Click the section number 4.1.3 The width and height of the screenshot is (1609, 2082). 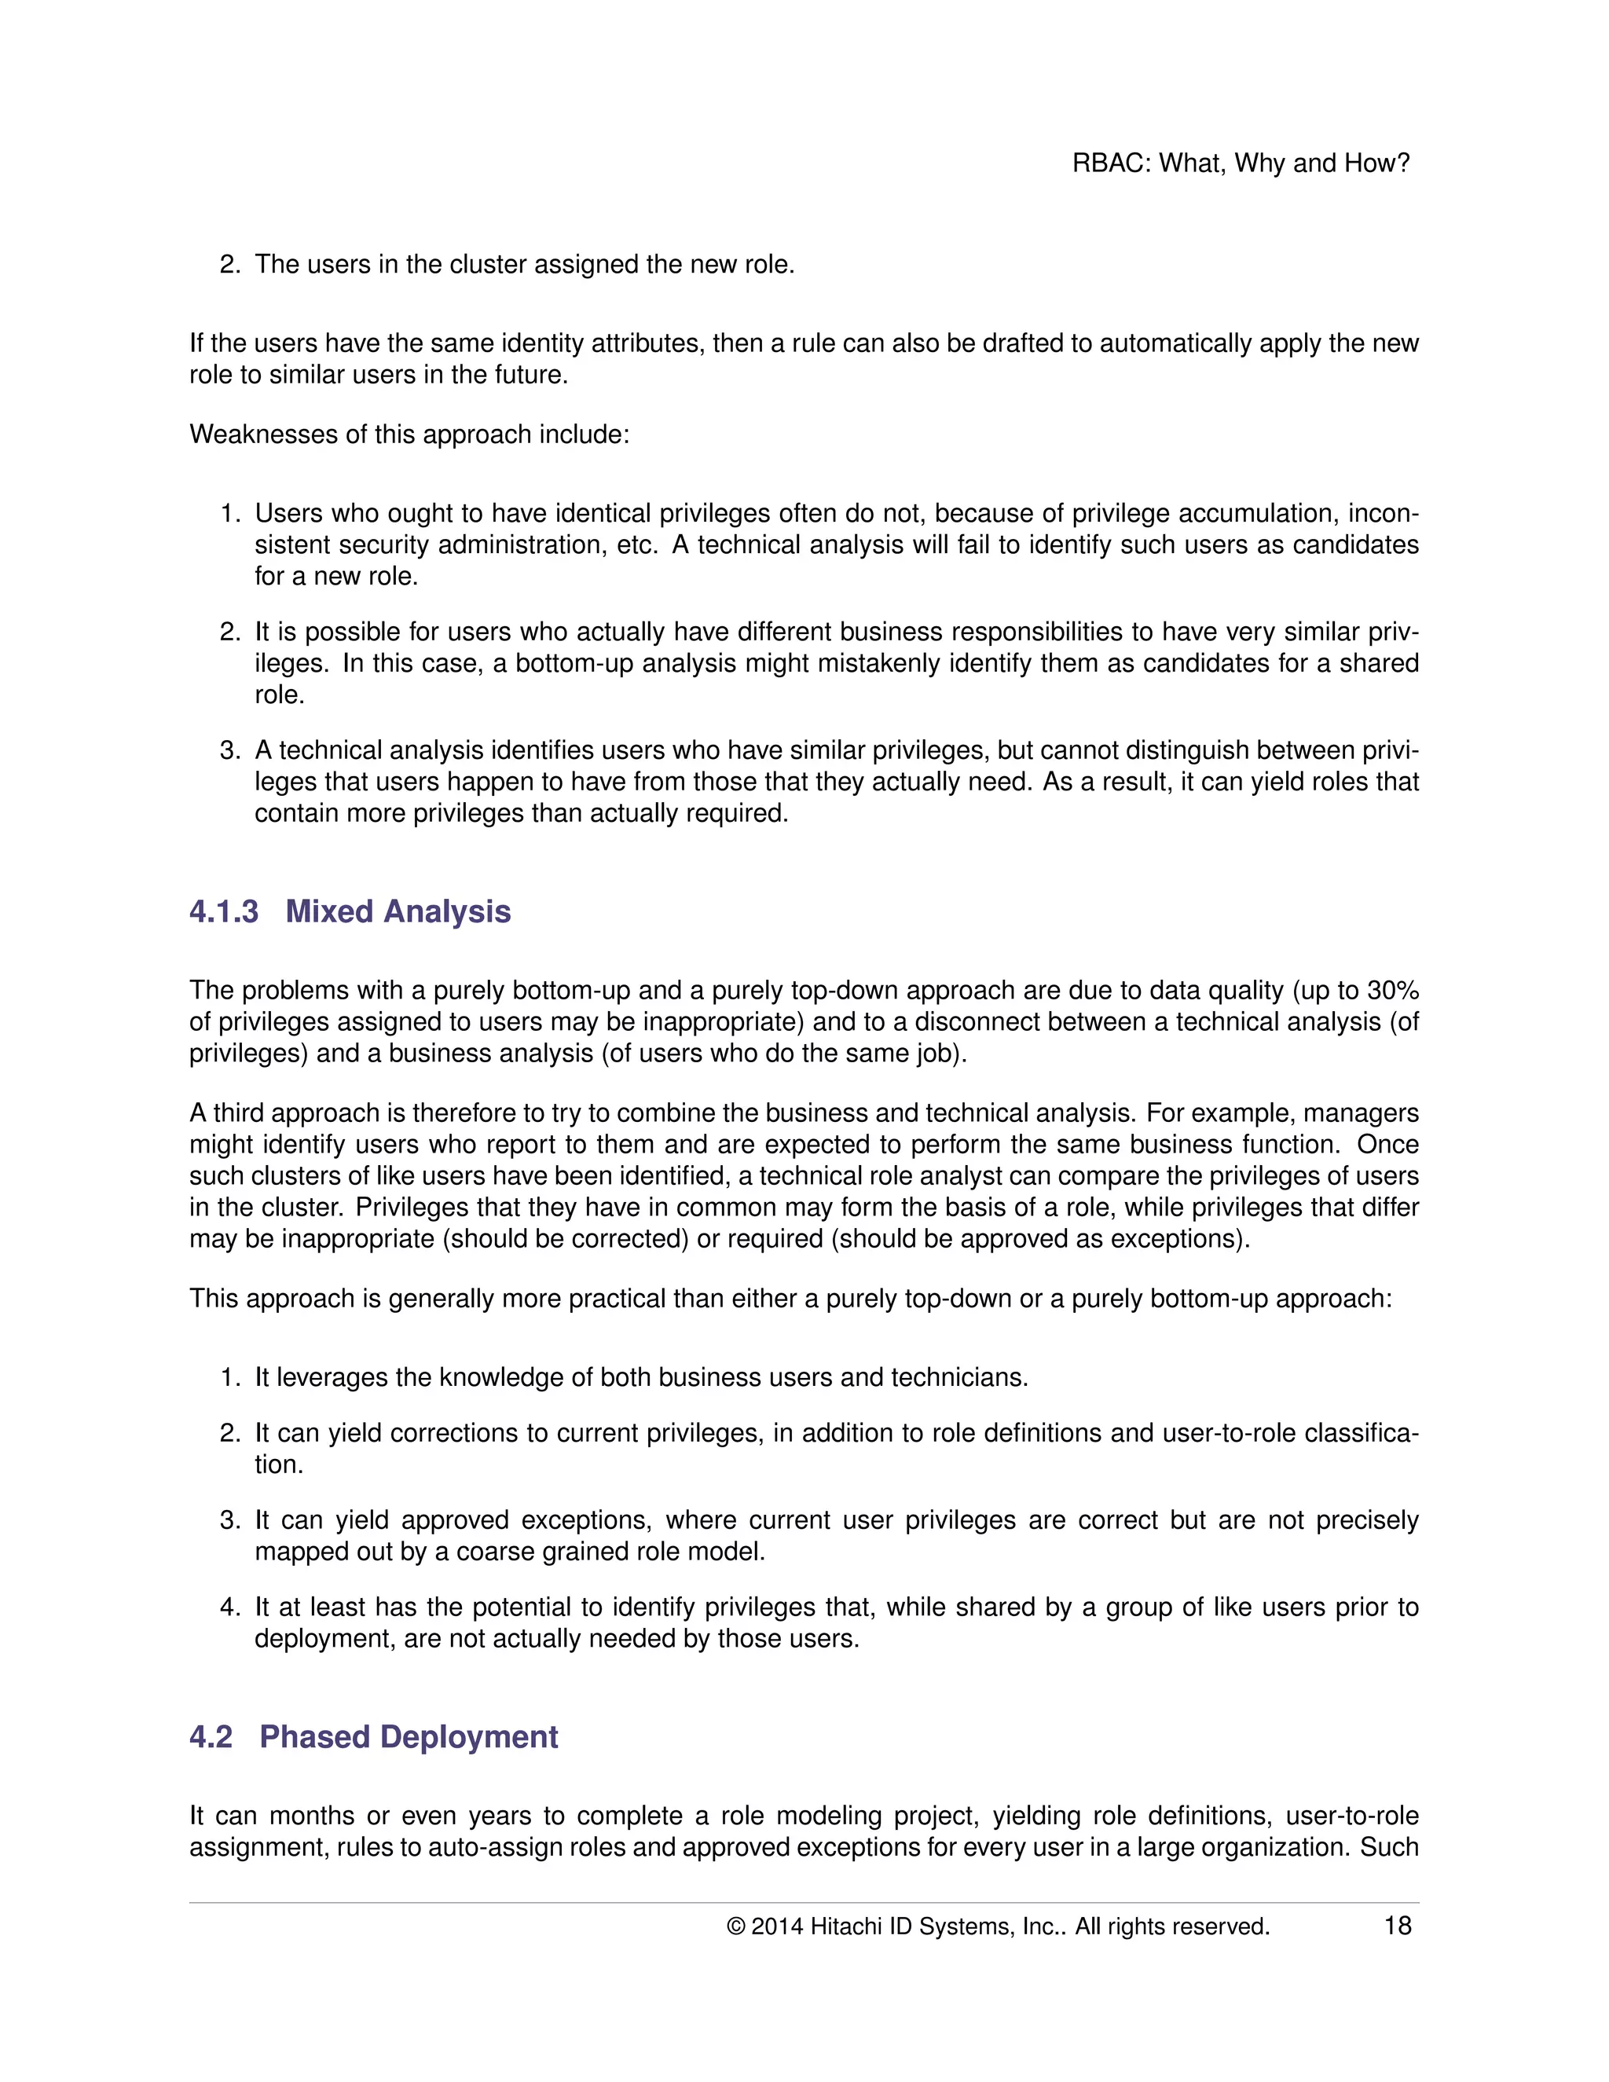tap(224, 911)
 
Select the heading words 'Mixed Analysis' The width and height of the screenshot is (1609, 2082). tap(398, 911)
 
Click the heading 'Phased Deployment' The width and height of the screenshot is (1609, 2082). tap(408, 1737)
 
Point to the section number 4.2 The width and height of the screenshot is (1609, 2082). tap(211, 1737)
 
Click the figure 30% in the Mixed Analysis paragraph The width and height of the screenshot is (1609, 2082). tap(1393, 991)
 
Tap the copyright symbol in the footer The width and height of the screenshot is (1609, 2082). tap(735, 1926)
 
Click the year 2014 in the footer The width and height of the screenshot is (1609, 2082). tap(777, 1926)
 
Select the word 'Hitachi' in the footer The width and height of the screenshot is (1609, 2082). tap(845, 1926)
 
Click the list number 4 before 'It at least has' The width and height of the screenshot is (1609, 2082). tap(229, 1607)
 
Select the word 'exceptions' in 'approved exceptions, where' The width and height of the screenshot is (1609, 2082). tap(585, 1519)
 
